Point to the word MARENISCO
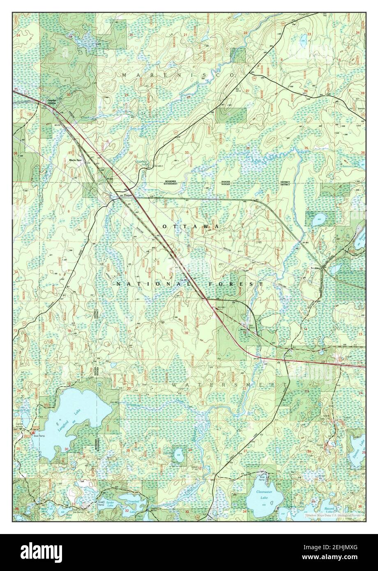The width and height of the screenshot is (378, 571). (177, 75)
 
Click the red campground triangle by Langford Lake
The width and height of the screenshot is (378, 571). (33, 433)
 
